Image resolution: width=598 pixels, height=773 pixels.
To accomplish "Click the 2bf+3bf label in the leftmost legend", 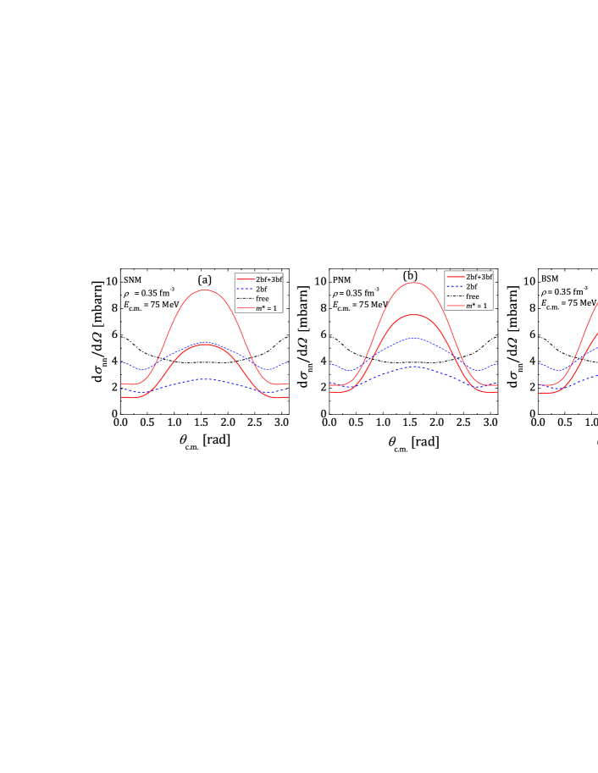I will tap(269, 279).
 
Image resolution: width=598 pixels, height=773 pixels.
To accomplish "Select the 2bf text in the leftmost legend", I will tap(261, 289).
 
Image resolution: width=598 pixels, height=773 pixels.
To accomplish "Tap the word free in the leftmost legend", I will tap(263, 299).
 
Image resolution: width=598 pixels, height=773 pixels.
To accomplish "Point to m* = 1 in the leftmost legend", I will tap(266, 308).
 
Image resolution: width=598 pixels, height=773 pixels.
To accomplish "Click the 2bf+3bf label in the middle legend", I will tap(479, 277).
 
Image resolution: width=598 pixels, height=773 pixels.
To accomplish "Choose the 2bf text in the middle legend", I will tap(472, 286).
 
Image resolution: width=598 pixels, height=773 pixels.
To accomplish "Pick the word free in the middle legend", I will tap(473, 296).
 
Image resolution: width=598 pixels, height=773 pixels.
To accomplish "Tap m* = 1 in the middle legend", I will tap(477, 306).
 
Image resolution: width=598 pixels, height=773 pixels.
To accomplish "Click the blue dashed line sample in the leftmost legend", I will tap(246, 289).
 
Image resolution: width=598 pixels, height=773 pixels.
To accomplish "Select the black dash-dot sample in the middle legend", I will tap(456, 296).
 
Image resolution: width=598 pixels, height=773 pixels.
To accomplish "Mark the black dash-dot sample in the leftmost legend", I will tap(246, 299).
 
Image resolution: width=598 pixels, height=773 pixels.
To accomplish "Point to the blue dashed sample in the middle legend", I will tap(456, 286).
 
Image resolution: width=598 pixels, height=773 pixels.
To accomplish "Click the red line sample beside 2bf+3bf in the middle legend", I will tap(456, 277).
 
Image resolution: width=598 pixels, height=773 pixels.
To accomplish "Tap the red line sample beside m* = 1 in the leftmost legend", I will tap(246, 308).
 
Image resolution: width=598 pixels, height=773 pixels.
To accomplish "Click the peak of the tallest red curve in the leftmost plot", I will tap(205, 290).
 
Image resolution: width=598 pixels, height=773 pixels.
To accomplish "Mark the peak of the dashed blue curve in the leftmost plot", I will tap(205, 379).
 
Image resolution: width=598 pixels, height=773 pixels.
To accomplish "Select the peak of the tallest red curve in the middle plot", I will tap(413, 283).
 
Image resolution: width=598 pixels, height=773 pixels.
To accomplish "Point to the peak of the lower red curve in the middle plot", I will tap(413, 315).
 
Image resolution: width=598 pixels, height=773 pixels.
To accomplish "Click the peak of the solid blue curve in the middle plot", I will tap(413, 338).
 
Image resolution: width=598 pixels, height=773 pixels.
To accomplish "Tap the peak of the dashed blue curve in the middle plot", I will tap(413, 367).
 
